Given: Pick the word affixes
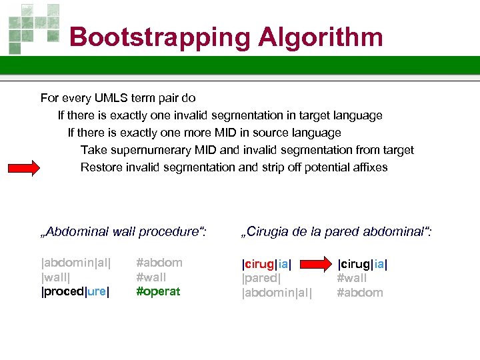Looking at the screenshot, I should (366, 167).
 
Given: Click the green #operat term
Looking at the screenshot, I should (158, 291).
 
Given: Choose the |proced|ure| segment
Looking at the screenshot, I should (75, 291).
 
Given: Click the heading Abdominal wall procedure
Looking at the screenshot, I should (124, 232).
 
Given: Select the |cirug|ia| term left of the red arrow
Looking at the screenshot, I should (267, 264).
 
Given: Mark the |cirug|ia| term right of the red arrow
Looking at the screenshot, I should (363, 264).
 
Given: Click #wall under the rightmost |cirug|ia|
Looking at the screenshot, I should (352, 278).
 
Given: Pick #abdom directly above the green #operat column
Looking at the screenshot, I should (159, 263).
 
